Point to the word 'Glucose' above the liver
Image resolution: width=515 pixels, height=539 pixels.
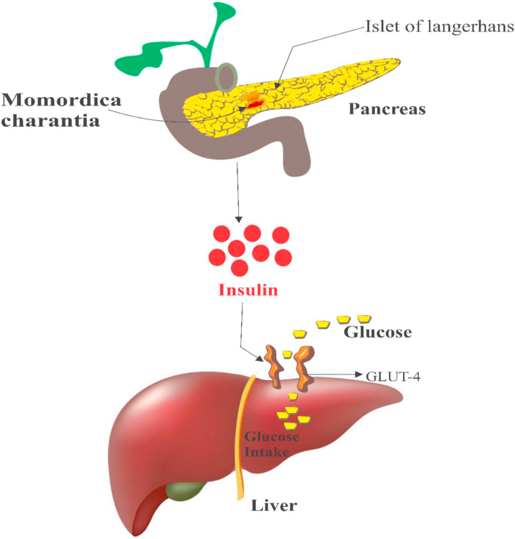(377, 332)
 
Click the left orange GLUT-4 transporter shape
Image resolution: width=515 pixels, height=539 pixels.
(273, 365)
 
